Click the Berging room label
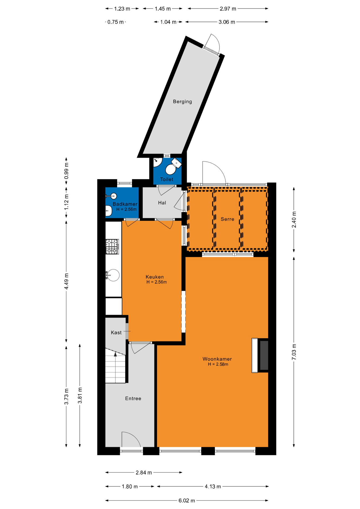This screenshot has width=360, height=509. pyautogui.click(x=182, y=102)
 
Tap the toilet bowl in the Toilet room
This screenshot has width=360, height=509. pyautogui.click(x=170, y=169)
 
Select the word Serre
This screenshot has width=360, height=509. pyautogui.click(x=227, y=219)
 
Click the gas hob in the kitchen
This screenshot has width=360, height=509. pyautogui.click(x=112, y=247)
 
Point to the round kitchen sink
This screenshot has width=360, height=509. pyautogui.click(x=113, y=275)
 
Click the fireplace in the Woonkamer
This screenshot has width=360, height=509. pyautogui.click(x=260, y=356)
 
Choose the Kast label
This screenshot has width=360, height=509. pyautogui.click(x=116, y=332)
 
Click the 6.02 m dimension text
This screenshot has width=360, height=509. pyautogui.click(x=187, y=501)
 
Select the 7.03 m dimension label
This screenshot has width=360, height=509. pyautogui.click(x=294, y=352)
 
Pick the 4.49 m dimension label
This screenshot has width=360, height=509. pyautogui.click(x=67, y=281)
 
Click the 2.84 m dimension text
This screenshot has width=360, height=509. pyautogui.click(x=144, y=472)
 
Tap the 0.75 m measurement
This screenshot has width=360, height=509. pyautogui.click(x=116, y=22)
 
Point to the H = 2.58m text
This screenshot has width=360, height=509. pyautogui.click(x=218, y=364)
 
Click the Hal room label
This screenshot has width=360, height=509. pyautogui.click(x=162, y=203)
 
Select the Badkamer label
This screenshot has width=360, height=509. pyautogui.click(x=125, y=204)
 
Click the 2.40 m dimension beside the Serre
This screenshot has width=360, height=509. pyautogui.click(x=294, y=220)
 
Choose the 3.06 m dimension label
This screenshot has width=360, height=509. pyautogui.click(x=227, y=22)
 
